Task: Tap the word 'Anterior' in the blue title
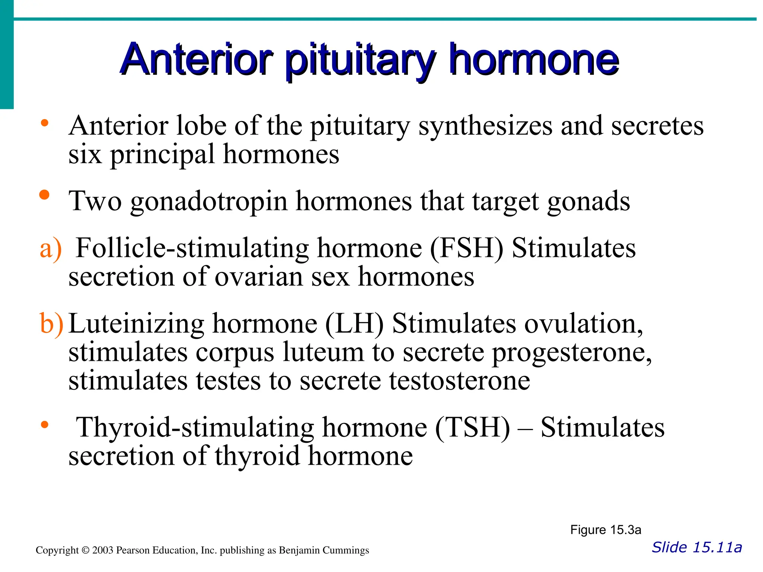tap(196, 60)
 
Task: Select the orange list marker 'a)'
tap(51, 249)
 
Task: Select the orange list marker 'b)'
tap(51, 324)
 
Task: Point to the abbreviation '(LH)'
tap(354, 324)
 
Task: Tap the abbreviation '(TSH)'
tap(472, 428)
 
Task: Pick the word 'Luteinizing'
tap(136, 324)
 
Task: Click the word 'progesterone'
tap(572, 353)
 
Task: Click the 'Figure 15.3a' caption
tap(605, 530)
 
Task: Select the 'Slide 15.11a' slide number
tap(697, 547)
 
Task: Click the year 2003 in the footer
tap(102, 550)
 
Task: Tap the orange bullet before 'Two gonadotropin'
tap(44, 195)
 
